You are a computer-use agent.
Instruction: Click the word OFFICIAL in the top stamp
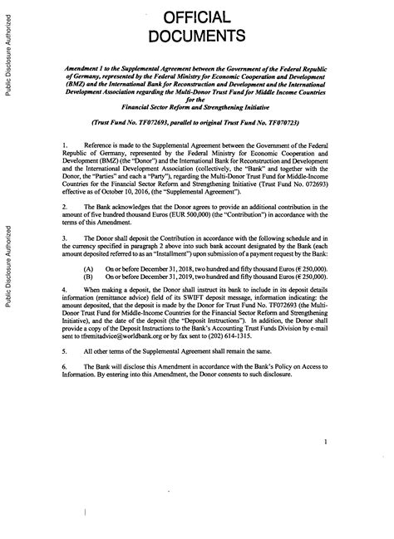pyautogui.click(x=197, y=17)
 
